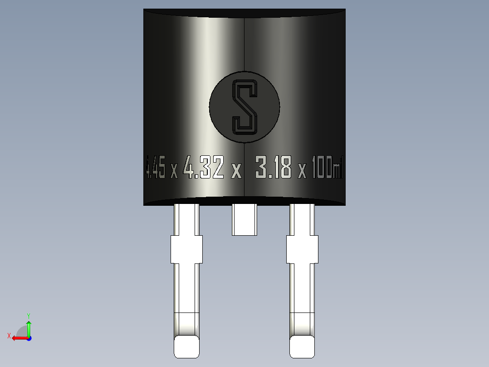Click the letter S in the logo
click(244, 107)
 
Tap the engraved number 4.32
click(204, 167)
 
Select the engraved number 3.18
click(274, 167)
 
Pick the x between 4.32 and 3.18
click(236, 171)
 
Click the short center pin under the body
click(244, 219)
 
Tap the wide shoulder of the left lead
click(186, 249)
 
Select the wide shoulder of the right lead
click(302, 249)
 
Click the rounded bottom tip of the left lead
click(186, 347)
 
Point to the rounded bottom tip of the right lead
click(303, 347)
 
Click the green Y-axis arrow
click(29, 327)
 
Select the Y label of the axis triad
click(29, 315)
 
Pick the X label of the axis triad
click(9, 336)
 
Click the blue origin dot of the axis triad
click(29, 338)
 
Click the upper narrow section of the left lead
click(186, 219)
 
